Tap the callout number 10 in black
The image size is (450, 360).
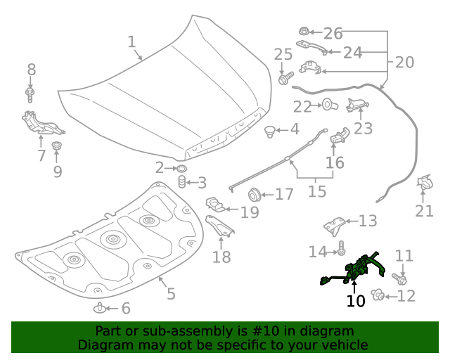pyautogui.click(x=356, y=302)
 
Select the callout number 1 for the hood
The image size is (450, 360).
pyautogui.click(x=131, y=41)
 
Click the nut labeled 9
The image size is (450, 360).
pyautogui.click(x=57, y=147)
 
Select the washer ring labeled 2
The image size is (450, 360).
pyautogui.click(x=180, y=168)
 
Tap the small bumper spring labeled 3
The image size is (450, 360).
pyautogui.click(x=181, y=184)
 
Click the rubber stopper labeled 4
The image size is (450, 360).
pyautogui.click(x=269, y=130)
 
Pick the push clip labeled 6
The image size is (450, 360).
pyautogui.click(x=101, y=307)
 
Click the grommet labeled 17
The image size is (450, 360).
pyautogui.click(x=254, y=193)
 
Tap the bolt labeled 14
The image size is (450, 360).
pyautogui.click(x=340, y=248)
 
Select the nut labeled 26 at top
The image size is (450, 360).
pyautogui.click(x=304, y=32)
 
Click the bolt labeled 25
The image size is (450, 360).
pyautogui.click(x=284, y=79)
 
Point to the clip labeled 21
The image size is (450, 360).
pyautogui.click(x=425, y=184)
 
